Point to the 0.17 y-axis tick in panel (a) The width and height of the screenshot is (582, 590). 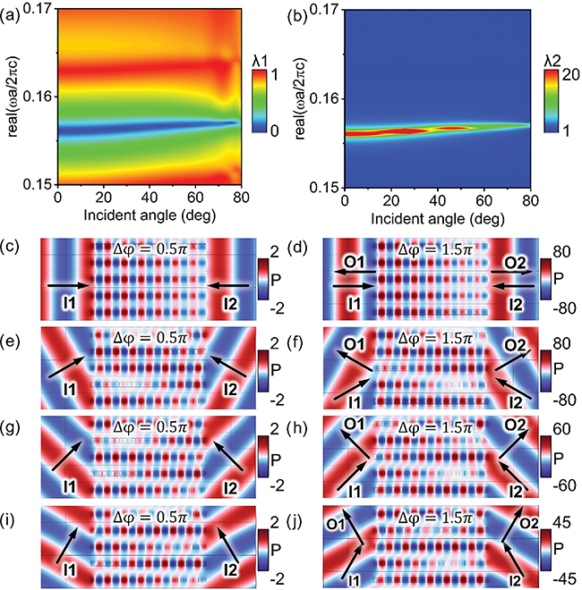[35, 10]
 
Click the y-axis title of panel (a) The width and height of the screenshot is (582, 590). [9, 98]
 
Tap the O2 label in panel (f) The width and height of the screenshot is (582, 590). [518, 344]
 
